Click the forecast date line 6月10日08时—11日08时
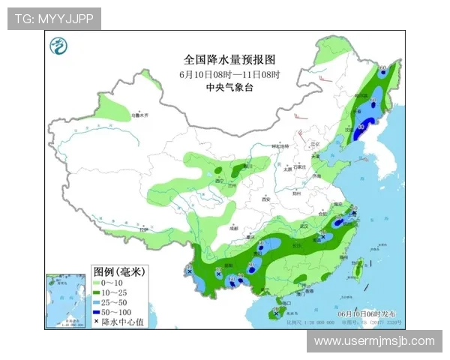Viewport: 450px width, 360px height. point(229,74)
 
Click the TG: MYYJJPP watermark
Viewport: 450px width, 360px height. point(54,19)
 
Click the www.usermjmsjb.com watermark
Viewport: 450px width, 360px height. point(374,341)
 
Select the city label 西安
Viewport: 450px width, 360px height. point(262,200)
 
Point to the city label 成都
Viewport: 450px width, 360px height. point(234,226)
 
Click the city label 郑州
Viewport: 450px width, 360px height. point(298,193)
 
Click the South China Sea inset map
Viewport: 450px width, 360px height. point(67,301)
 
